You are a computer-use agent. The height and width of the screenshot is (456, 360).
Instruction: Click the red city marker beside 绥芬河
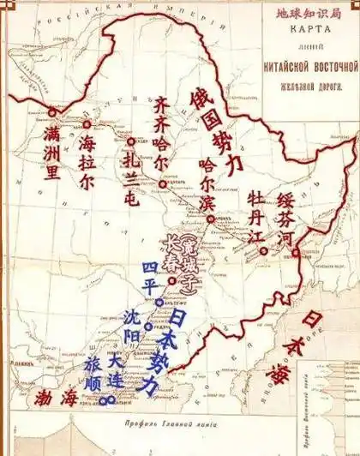(294, 253)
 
